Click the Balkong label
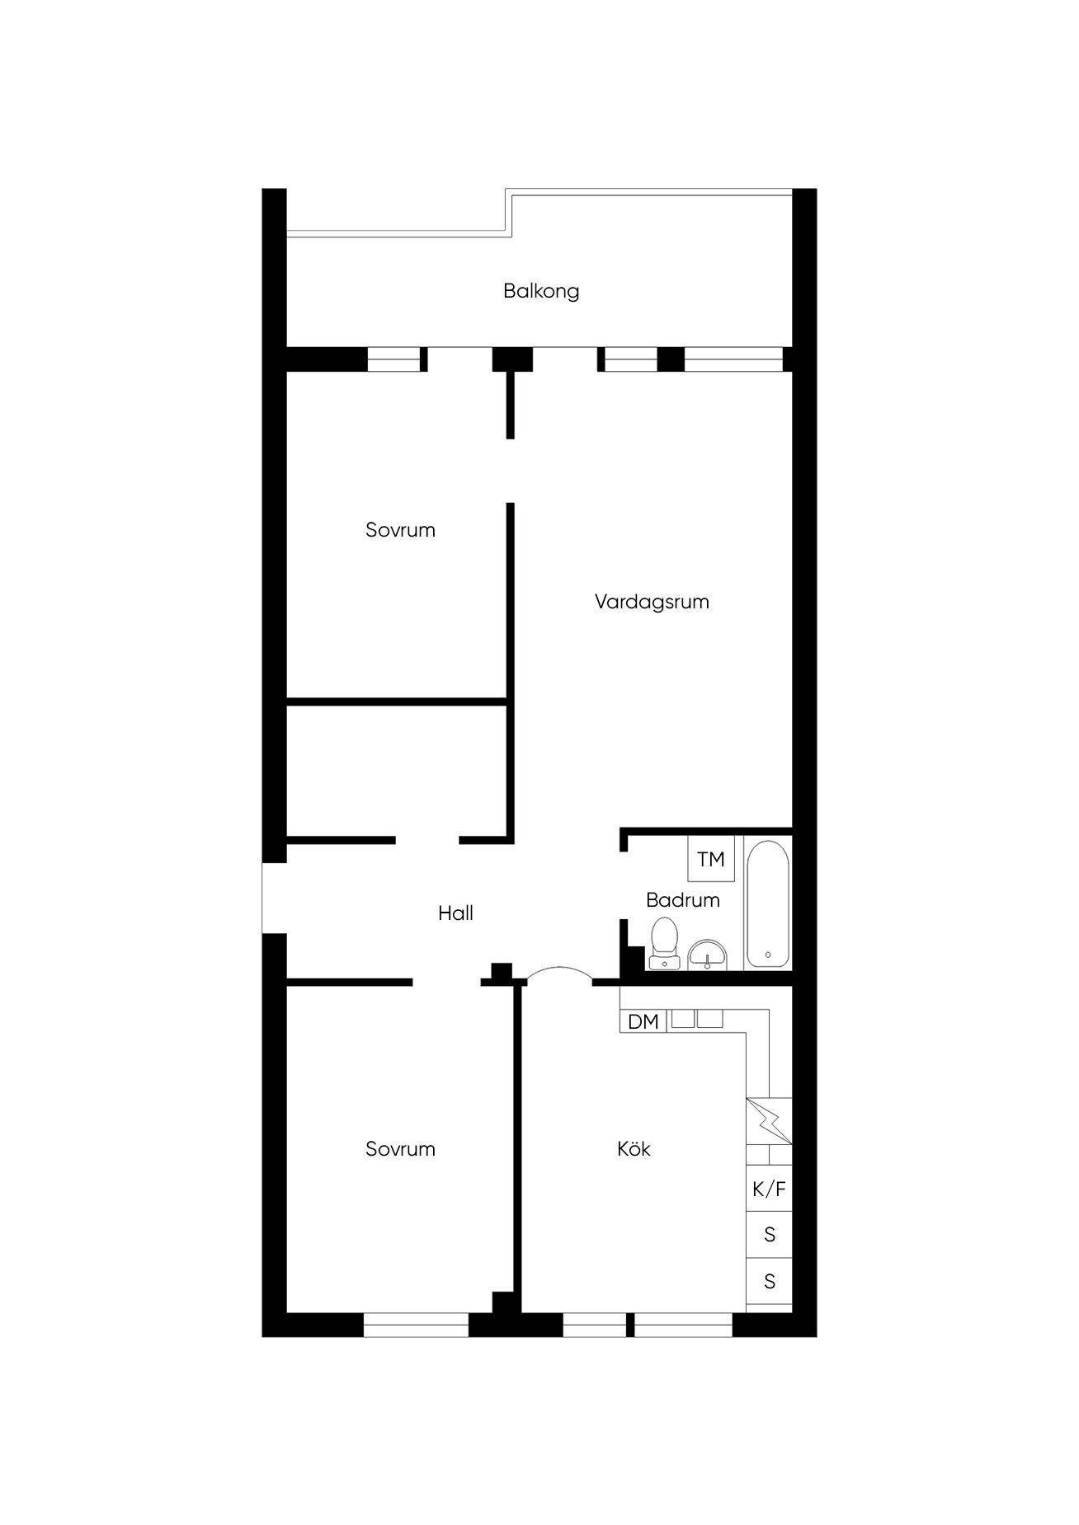tap(541, 291)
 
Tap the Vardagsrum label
tap(652, 602)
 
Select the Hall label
tap(455, 913)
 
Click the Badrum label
tap(683, 899)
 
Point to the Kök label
tap(634, 1148)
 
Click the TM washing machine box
tap(710, 859)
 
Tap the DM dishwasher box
tap(643, 1021)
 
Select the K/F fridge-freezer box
tap(769, 1189)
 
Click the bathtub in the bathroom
tap(768, 903)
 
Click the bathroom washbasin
tap(708, 955)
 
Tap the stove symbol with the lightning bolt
tap(769, 1121)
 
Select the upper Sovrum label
tap(400, 530)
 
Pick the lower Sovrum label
tap(400, 1149)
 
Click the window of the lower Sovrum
tap(416, 1325)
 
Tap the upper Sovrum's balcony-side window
tap(393, 359)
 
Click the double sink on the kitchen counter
tap(697, 1019)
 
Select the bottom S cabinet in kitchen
tap(769, 1281)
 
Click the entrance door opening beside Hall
tap(274, 899)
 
